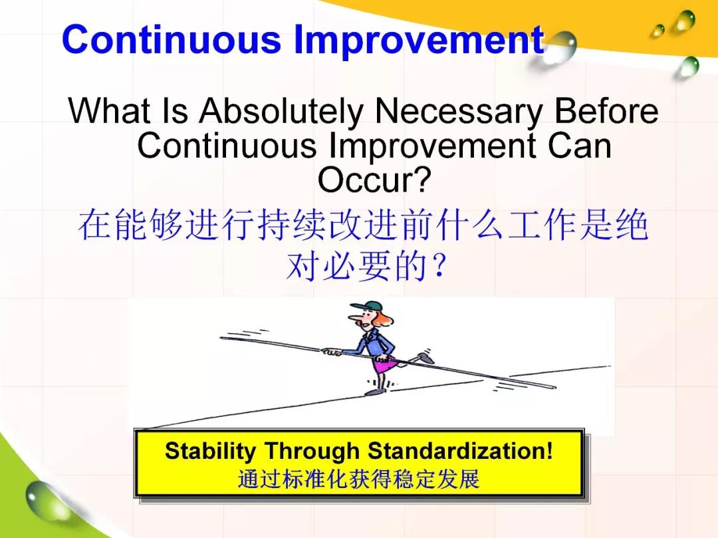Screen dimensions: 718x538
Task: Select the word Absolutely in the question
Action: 281,111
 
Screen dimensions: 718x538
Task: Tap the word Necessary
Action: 458,111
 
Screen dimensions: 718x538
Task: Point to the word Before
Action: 606,110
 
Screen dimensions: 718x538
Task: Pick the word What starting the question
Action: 109,110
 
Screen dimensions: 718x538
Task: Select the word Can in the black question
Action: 579,146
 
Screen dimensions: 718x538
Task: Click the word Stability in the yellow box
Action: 210,451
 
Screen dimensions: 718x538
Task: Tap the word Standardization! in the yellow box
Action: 460,450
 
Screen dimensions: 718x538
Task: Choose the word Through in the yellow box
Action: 312,451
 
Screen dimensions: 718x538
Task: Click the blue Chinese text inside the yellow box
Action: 358,479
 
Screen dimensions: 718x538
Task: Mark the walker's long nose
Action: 353,317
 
